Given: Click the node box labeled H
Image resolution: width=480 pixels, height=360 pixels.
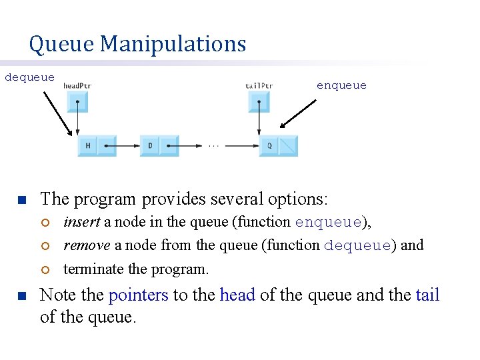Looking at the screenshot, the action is pyautogui.click(x=88, y=145).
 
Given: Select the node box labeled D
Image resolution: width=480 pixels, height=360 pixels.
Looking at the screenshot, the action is pyautogui.click(x=150, y=145).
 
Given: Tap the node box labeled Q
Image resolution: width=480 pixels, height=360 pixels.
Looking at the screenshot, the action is pyautogui.click(x=269, y=145).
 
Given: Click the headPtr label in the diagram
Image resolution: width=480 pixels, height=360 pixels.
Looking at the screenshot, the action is pyautogui.click(x=77, y=85).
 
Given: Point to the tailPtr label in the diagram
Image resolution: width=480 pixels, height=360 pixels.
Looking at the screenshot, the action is pyautogui.click(x=259, y=85).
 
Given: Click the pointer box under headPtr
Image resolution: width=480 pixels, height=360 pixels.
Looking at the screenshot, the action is pyautogui.click(x=77, y=102).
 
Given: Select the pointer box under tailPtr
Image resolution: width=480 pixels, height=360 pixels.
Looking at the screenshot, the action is pyautogui.click(x=259, y=102).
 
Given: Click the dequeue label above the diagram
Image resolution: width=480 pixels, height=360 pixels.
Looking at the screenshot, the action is pyautogui.click(x=30, y=77).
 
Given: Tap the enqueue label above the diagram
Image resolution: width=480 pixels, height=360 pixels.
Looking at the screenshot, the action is pyautogui.click(x=341, y=85).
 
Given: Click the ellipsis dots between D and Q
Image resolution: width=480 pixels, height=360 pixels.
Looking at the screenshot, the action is pyautogui.click(x=213, y=144).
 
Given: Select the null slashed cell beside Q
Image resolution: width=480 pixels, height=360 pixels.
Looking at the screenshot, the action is pyautogui.click(x=288, y=145).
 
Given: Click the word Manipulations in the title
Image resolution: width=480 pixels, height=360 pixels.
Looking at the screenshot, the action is pyautogui.click(x=173, y=44).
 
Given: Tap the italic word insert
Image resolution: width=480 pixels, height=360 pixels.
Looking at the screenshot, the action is pyautogui.click(x=81, y=222).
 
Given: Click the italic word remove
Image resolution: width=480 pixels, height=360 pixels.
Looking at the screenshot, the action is pyautogui.click(x=87, y=245).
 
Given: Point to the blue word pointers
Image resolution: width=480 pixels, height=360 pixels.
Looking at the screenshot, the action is pyautogui.click(x=138, y=295).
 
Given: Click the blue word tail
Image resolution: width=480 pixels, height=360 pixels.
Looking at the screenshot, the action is pyautogui.click(x=427, y=295).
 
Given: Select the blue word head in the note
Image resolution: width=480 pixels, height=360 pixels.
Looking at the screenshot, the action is pyautogui.click(x=237, y=295).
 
